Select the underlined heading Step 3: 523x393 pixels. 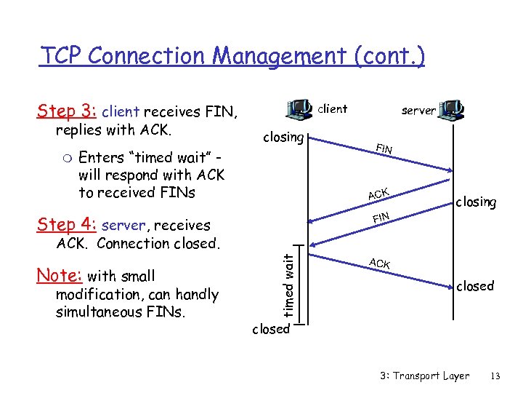68,111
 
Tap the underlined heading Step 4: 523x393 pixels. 68,225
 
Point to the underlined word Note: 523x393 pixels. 60,276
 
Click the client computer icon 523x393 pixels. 299,109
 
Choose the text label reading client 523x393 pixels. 333,109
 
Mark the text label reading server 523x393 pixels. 418,111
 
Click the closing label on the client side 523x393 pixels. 283,137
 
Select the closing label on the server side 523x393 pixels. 476,202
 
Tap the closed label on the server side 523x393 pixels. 475,286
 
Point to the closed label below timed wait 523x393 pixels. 270,329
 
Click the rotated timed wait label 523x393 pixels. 289,285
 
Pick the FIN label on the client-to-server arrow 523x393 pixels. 384,149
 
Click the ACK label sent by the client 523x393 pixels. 379,263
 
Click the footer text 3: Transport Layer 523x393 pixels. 425,376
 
